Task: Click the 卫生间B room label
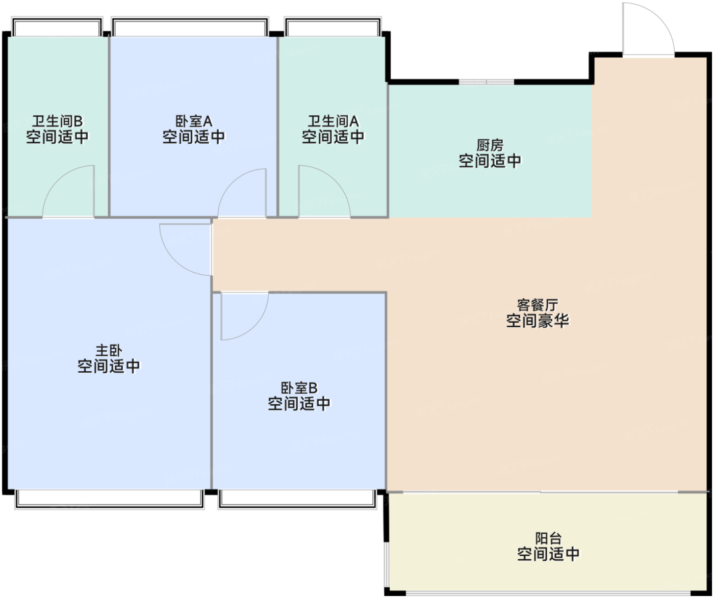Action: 58,121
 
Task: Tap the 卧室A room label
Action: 194,121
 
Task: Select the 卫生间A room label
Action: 333,121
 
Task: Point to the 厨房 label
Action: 490,145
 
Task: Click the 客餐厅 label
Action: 538,305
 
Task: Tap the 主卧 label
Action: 109,350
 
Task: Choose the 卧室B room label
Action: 299,388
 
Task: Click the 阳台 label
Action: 548,538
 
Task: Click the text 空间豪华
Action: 538,321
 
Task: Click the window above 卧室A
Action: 190,27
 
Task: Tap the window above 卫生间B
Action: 57,27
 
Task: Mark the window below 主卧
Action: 110,499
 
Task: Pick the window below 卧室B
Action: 297,499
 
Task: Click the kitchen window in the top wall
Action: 486,82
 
